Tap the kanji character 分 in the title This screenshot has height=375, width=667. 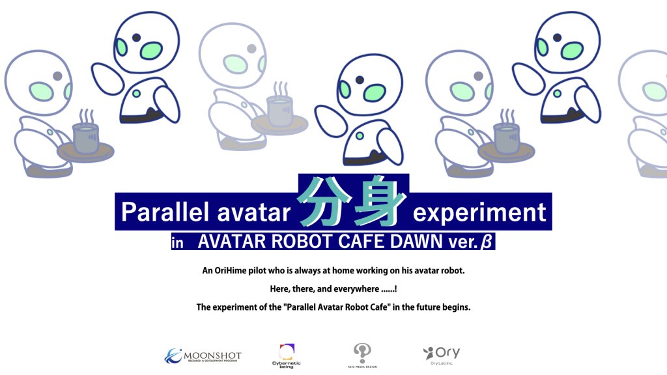pos(324,202)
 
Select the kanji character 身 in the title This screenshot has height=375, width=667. pos(380,202)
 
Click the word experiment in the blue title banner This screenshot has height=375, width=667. pos(479,213)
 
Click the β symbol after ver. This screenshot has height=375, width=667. pos(486,242)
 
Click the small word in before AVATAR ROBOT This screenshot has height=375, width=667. pos(177,243)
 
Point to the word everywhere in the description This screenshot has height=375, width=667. pos(356,289)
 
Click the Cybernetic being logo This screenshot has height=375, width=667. pos(287,356)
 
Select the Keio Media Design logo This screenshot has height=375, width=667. pos(362,355)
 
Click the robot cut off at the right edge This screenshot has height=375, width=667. pos(643,113)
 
